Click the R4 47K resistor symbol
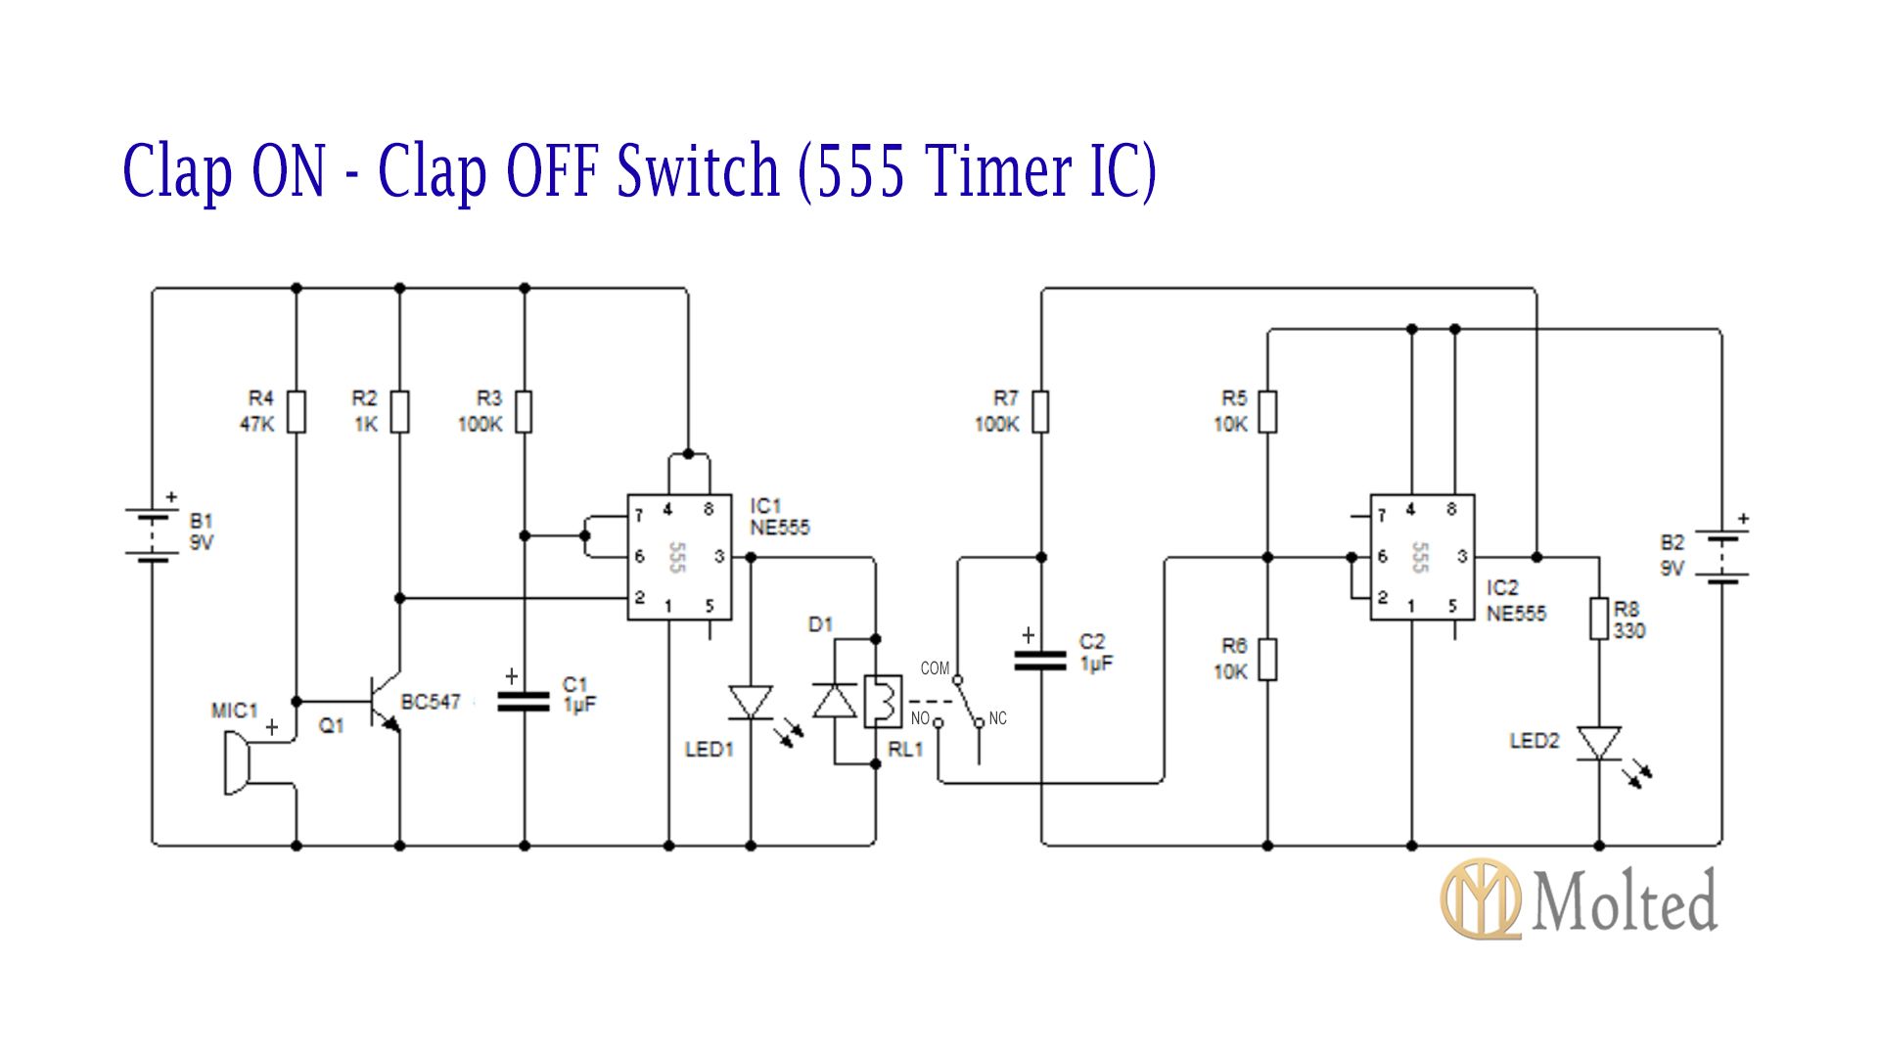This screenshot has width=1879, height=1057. click(296, 411)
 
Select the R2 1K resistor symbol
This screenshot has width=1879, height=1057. click(399, 411)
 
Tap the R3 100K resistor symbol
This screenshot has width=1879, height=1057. click(524, 411)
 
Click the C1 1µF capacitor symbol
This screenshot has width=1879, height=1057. click(524, 700)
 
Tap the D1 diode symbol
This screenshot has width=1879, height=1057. click(835, 702)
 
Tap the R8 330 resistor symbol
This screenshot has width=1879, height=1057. click(1599, 619)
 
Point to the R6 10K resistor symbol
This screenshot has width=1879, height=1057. click(1267, 659)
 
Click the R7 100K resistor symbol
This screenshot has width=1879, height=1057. click(1040, 411)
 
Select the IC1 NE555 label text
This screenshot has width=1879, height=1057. click(779, 517)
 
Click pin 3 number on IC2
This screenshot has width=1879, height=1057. click(1462, 556)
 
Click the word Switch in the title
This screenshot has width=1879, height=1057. click(697, 170)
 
